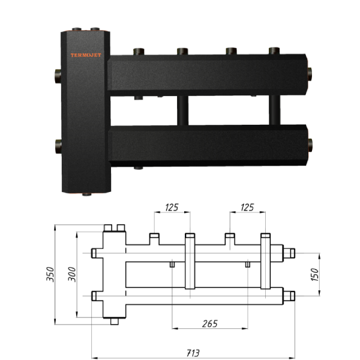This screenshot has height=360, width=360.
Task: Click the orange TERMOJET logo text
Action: click(86, 55)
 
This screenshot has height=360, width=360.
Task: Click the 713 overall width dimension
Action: click(193, 353)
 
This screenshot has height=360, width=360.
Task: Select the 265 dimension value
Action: click(210, 324)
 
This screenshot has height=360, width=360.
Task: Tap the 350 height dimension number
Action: click(50, 274)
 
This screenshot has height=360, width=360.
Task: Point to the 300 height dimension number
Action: click(72, 274)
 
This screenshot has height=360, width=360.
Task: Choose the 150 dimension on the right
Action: click(315, 274)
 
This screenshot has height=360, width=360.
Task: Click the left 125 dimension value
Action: click(172, 208)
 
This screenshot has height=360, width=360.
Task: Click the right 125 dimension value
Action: click(247, 208)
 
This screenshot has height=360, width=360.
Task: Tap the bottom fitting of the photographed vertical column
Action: click(87, 194)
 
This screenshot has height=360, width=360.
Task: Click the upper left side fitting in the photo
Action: click(58, 76)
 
